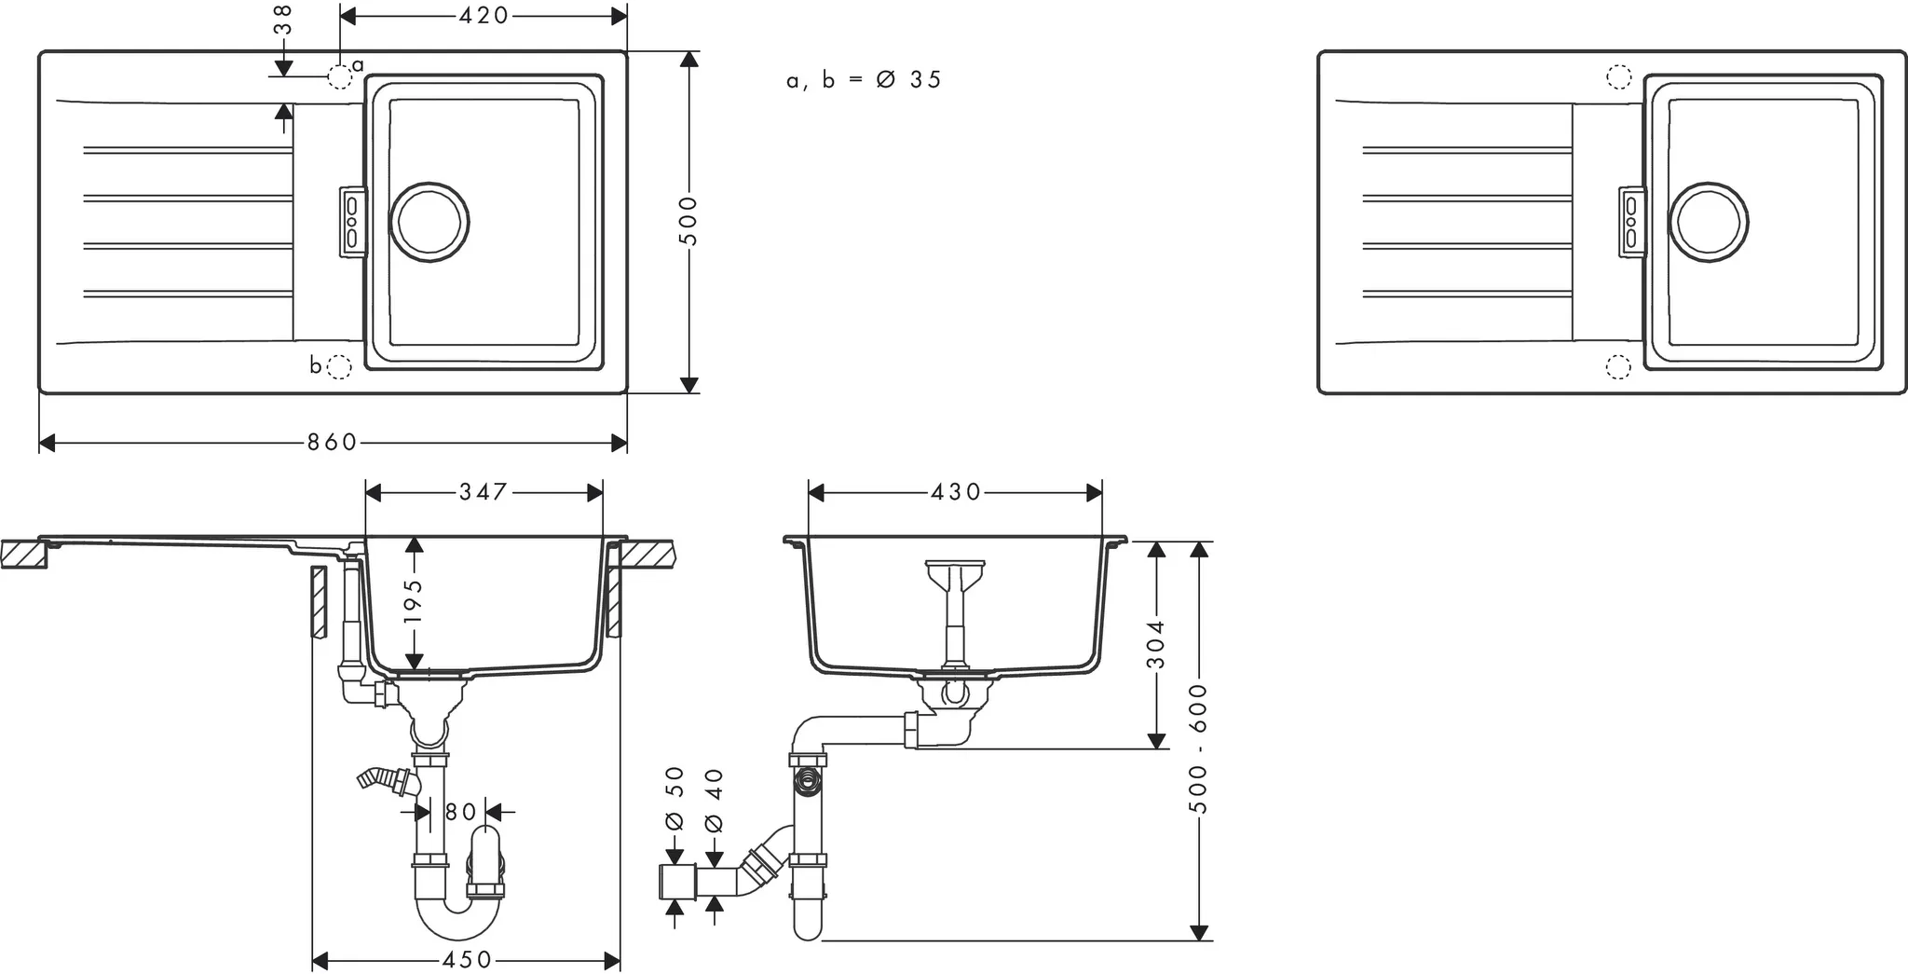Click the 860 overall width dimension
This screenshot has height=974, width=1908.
(x=333, y=443)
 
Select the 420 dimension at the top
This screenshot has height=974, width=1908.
(x=484, y=16)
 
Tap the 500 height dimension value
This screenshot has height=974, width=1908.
(x=688, y=221)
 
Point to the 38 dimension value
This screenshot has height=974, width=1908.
(x=283, y=20)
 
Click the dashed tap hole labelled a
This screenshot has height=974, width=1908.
(x=340, y=76)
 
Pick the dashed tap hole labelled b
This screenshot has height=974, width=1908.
(x=340, y=367)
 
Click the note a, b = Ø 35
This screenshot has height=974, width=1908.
(x=864, y=80)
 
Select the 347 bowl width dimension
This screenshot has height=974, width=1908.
(x=484, y=491)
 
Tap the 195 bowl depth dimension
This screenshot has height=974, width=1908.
(x=415, y=601)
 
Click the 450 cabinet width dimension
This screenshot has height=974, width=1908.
(x=466, y=960)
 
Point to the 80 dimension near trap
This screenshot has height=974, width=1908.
(x=460, y=812)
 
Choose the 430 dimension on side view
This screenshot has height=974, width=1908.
(x=956, y=491)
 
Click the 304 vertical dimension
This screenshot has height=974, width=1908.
(x=1156, y=644)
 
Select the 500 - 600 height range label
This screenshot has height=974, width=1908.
(x=1199, y=748)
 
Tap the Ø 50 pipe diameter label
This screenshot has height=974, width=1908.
(x=675, y=798)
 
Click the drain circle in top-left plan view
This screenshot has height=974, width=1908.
(x=429, y=222)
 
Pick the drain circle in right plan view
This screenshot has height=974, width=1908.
(x=1708, y=222)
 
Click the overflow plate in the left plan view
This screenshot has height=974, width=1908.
(x=351, y=222)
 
